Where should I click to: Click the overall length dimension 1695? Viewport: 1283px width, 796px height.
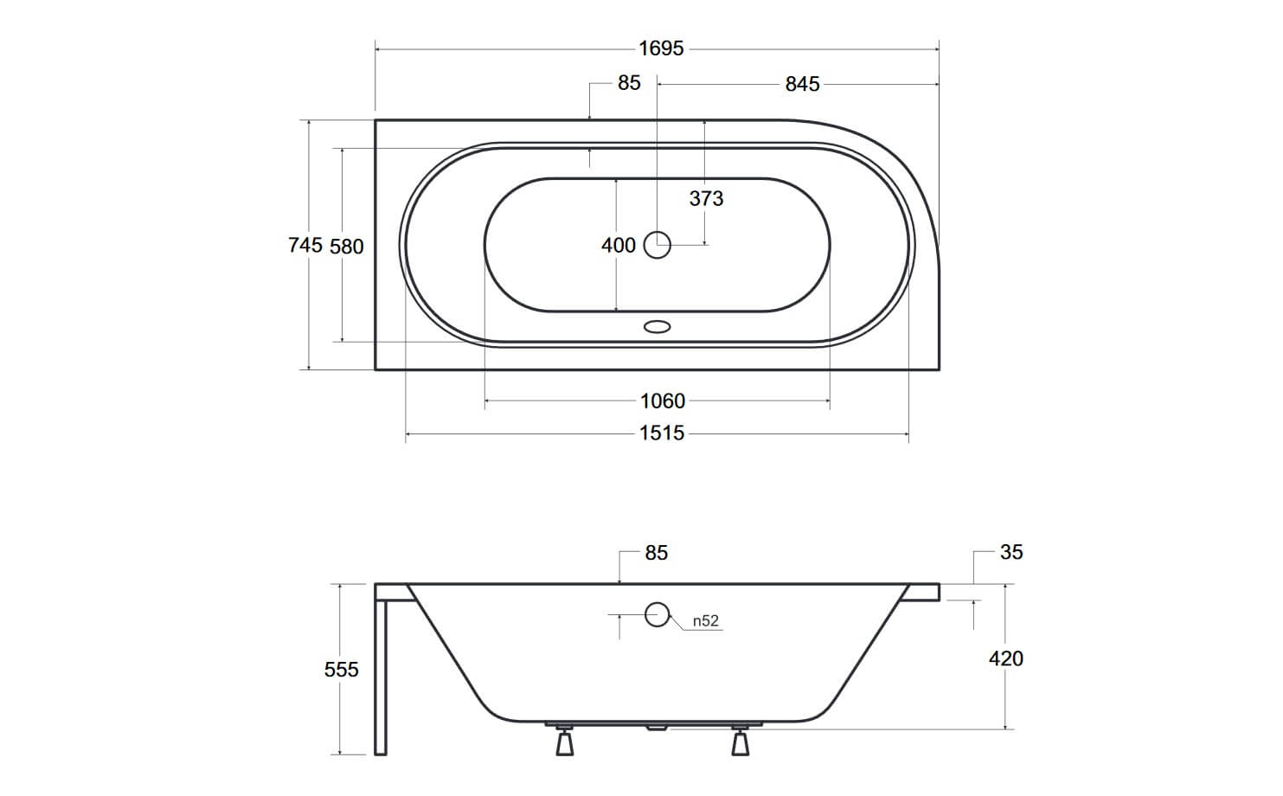tap(661, 48)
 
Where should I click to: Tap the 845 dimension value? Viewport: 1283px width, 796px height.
tap(803, 84)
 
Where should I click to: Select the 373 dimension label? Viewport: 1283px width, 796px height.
tap(706, 199)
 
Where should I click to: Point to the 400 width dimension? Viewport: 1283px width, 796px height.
tap(619, 245)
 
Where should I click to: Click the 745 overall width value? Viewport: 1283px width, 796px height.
tap(305, 245)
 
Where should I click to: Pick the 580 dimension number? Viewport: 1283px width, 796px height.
tap(347, 247)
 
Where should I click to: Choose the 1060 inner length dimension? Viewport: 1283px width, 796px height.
tap(662, 401)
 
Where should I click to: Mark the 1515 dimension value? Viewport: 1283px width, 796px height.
tap(662, 433)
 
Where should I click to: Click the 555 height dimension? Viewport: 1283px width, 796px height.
tap(342, 670)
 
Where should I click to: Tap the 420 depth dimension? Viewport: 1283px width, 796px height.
tap(1006, 658)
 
